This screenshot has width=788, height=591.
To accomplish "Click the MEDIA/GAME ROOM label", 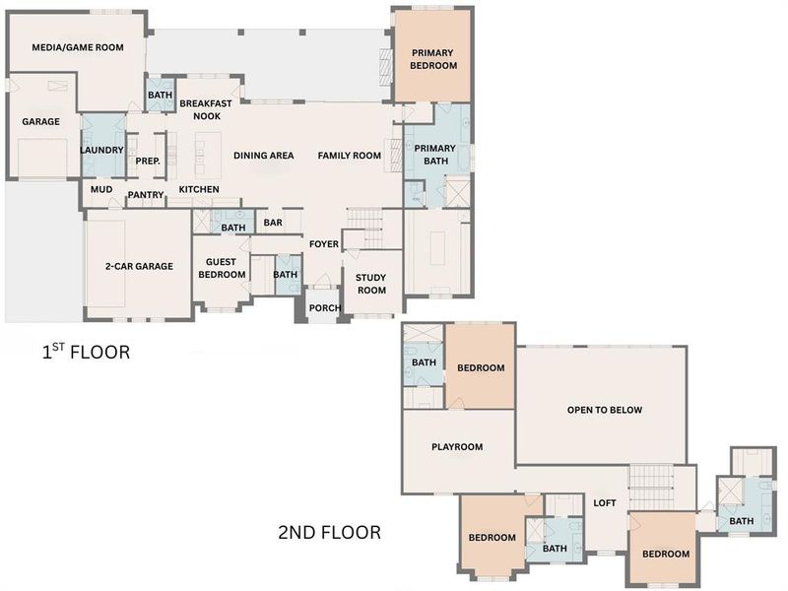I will [77, 47].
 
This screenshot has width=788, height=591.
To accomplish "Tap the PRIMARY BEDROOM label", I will [434, 59].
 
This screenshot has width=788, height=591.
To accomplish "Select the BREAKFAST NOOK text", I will [206, 108].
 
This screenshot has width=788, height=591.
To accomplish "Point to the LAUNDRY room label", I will [101, 150].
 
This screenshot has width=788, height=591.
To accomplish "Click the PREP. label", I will [148, 162].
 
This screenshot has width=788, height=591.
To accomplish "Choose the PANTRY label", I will [146, 195].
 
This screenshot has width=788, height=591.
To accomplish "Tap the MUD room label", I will [101, 189].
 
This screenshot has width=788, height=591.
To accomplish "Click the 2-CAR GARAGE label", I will [139, 266].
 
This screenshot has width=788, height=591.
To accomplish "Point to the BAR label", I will [273, 224].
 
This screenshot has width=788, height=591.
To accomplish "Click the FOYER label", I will [324, 244].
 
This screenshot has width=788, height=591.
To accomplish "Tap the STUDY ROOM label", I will [371, 284].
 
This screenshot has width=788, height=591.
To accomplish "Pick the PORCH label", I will [324, 308].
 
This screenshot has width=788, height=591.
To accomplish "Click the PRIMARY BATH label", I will [434, 155].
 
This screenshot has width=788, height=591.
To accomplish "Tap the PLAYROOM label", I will [457, 447].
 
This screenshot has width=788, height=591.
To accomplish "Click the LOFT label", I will [605, 503].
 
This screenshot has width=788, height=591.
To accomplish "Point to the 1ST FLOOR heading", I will [85, 352].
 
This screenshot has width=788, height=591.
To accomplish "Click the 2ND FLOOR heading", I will [329, 533].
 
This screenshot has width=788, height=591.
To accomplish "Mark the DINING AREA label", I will [263, 156].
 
